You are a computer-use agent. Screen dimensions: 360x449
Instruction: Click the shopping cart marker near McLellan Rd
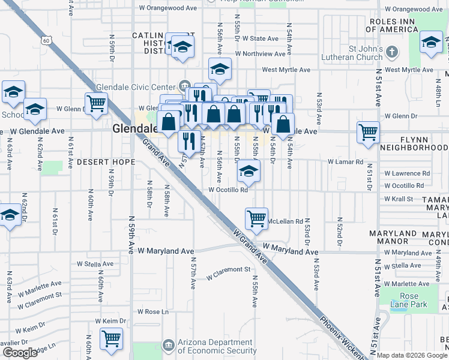click(x=256, y=218)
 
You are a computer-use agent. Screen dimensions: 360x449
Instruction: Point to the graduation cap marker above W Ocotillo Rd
click(x=247, y=172)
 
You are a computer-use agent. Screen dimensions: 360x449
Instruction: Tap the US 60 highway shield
click(x=47, y=40)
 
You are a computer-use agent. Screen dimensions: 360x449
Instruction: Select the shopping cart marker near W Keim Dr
click(x=111, y=339)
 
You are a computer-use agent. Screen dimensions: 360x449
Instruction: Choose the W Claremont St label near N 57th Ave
click(x=228, y=274)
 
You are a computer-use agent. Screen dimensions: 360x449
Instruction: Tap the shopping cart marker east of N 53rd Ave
click(x=368, y=132)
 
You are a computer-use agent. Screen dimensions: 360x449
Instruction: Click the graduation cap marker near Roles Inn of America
click(x=431, y=43)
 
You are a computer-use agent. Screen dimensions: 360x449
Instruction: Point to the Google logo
click(x=20, y=353)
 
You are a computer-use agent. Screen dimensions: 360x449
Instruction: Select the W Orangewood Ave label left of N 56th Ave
click(x=167, y=8)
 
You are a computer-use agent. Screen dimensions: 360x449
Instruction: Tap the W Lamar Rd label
click(x=345, y=162)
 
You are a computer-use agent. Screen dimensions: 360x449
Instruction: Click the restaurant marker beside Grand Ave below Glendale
click(x=189, y=142)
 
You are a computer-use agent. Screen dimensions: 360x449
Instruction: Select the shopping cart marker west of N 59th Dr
click(x=96, y=103)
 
